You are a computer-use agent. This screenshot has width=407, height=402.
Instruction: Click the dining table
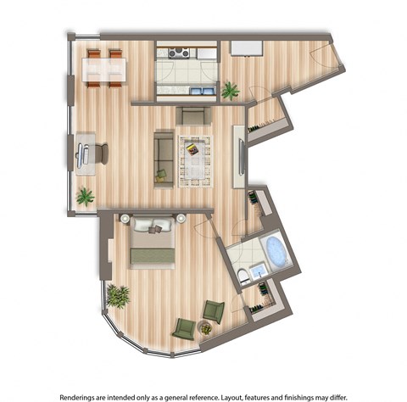click(x=104, y=69)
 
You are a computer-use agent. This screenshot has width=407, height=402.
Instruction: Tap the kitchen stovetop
click(x=179, y=53)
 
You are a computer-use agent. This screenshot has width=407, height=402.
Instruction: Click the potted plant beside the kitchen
click(x=230, y=89)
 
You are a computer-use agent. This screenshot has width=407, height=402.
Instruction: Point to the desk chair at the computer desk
click(x=101, y=154)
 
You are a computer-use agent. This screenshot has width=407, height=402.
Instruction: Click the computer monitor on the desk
click(x=82, y=154)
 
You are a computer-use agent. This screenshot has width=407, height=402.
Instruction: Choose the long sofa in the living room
click(x=163, y=159)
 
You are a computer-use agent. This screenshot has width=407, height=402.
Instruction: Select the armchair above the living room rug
click(x=193, y=115)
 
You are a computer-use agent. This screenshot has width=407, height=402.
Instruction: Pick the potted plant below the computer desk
click(x=85, y=197)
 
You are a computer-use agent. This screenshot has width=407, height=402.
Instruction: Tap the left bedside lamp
click(x=125, y=219)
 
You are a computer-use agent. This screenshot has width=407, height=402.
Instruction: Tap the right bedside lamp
click(x=181, y=219)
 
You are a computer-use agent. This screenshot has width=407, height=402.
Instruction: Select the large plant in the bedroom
click(x=118, y=296)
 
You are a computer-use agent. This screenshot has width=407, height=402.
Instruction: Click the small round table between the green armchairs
click(x=204, y=327)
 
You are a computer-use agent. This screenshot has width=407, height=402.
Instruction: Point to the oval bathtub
click(x=276, y=250)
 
